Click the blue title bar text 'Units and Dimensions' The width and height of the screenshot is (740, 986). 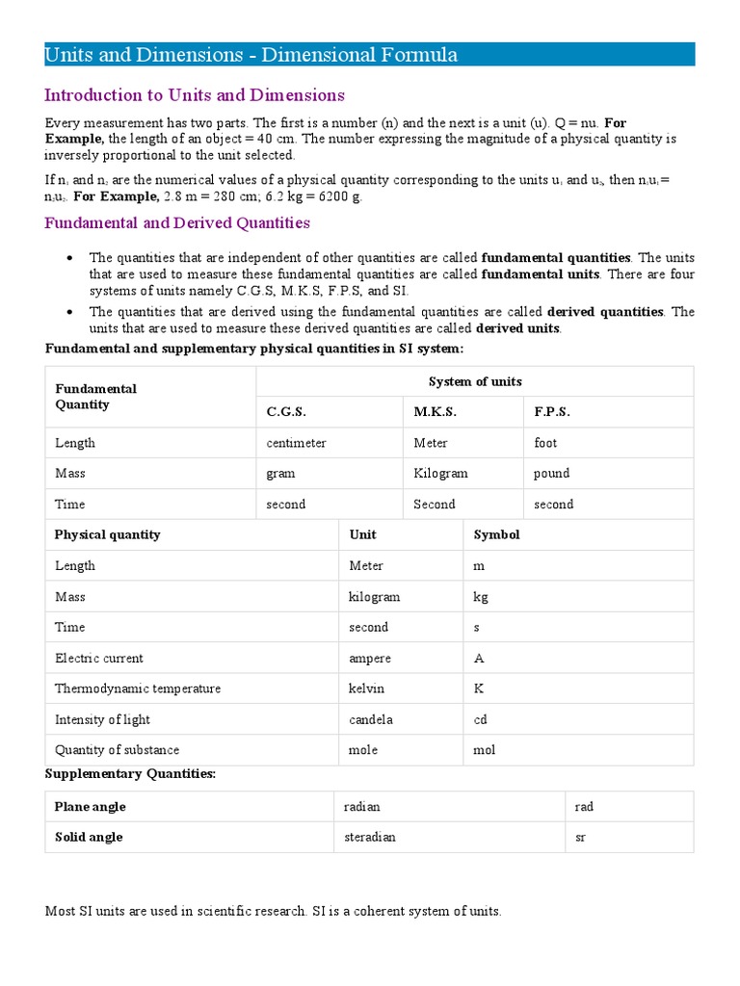click(144, 56)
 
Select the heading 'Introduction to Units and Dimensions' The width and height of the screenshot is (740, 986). click(195, 95)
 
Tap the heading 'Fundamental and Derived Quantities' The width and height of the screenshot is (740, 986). click(177, 222)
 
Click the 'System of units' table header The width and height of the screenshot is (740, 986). click(475, 381)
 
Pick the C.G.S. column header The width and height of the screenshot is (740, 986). click(286, 412)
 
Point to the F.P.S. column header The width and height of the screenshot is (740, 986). click(552, 412)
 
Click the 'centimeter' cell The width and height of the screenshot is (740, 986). click(297, 443)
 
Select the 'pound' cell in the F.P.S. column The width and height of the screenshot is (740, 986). click(551, 474)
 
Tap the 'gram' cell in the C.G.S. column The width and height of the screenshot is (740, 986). click(281, 474)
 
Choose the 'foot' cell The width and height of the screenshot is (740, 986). click(545, 443)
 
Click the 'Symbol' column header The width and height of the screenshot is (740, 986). click(496, 534)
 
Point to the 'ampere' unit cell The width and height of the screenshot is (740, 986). click(370, 659)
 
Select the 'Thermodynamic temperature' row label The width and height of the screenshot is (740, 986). click(138, 688)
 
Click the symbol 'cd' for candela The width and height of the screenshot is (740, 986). click(480, 719)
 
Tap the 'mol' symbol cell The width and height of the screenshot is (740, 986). click(484, 750)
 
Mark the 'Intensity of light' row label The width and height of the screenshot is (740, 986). click(102, 719)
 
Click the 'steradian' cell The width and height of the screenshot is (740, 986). click(370, 837)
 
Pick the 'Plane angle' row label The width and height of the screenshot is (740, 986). click(91, 807)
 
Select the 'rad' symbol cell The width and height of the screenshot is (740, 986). click(584, 807)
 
